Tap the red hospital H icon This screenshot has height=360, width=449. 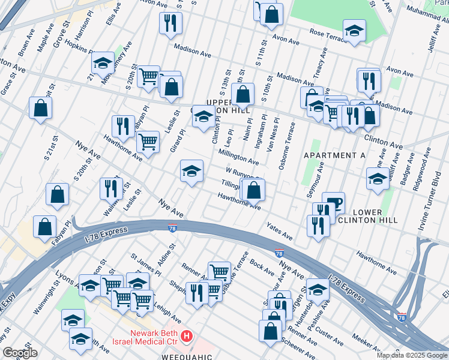pos(187,336)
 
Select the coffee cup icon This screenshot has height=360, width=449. pos(333,203)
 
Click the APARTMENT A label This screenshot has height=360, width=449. pos(334,155)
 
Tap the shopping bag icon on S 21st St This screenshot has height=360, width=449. pos(40,108)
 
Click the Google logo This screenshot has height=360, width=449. pos(20,353)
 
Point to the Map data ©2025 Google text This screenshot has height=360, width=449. pos(411,355)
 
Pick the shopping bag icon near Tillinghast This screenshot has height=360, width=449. pos(254,190)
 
